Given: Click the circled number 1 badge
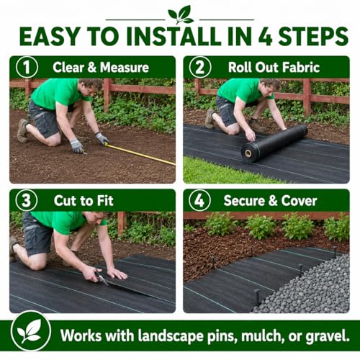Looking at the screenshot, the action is click(x=27, y=67).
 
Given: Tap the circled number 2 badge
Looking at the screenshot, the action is click(x=200, y=67).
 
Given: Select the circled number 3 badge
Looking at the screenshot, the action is click(x=27, y=200).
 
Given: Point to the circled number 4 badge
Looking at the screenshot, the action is click(x=199, y=200).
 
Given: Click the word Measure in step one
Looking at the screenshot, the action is click(x=125, y=67).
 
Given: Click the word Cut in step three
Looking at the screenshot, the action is click(x=66, y=201).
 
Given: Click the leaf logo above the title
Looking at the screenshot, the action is click(x=180, y=15).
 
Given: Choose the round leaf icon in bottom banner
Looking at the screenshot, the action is click(x=31, y=331).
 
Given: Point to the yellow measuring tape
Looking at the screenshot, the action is click(x=140, y=154).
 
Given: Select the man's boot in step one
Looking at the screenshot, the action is click(x=23, y=130).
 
